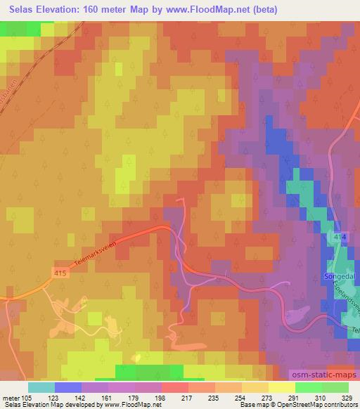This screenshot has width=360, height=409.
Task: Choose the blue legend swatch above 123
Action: (67, 387)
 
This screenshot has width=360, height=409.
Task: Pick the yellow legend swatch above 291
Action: (281, 387)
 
